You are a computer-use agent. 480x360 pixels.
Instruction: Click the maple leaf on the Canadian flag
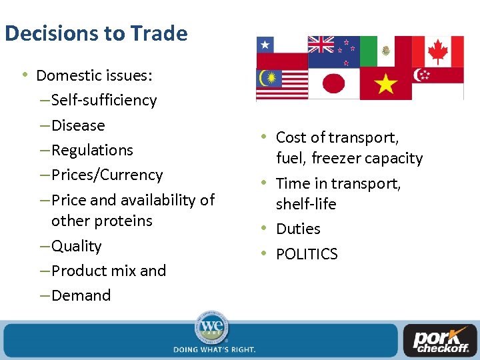(x=437, y=51)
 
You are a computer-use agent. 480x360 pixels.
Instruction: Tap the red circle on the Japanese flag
(x=333, y=84)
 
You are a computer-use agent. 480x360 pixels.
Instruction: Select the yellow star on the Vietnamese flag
(x=386, y=85)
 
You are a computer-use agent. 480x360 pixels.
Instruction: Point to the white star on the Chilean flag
(x=265, y=45)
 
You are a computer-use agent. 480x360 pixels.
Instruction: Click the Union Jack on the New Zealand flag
(x=321, y=45)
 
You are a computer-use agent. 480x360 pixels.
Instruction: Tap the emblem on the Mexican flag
(x=386, y=51)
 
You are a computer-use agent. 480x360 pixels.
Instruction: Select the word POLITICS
(x=307, y=254)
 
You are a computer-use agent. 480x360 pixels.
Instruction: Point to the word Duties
(x=298, y=229)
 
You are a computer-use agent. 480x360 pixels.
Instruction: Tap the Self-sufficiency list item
(x=103, y=100)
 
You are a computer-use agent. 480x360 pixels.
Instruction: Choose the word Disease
(x=78, y=125)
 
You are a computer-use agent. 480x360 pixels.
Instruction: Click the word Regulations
(x=92, y=150)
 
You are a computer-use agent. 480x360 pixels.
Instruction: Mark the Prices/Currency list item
(x=107, y=175)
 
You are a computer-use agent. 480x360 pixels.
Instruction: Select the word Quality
(x=76, y=246)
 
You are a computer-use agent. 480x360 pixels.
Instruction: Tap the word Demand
(x=81, y=295)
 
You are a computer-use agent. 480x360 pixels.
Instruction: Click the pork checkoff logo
(x=439, y=339)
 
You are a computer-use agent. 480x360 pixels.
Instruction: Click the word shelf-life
(x=306, y=204)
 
